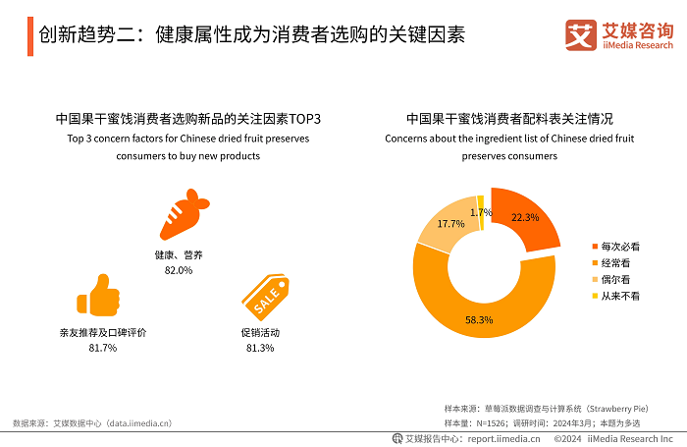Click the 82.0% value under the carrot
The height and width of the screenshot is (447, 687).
click(x=178, y=269)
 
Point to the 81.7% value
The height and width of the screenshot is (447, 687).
click(x=102, y=348)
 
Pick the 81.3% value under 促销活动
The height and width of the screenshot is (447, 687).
click(x=260, y=348)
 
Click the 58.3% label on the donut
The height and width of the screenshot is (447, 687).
click(x=479, y=320)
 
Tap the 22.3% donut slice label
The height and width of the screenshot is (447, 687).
click(x=525, y=218)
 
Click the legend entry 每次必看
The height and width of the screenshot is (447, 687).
click(x=619, y=246)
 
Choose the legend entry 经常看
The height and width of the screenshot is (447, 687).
click(x=615, y=262)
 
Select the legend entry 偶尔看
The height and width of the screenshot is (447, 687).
click(x=615, y=279)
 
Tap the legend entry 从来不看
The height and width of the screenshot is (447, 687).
click(x=619, y=296)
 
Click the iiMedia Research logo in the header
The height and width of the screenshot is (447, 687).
click(x=619, y=35)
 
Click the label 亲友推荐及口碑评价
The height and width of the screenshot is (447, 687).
click(x=102, y=333)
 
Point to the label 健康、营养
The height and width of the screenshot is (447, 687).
click(x=178, y=254)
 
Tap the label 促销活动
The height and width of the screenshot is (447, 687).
click(x=260, y=333)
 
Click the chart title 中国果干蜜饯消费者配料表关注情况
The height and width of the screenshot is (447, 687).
click(x=509, y=118)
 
